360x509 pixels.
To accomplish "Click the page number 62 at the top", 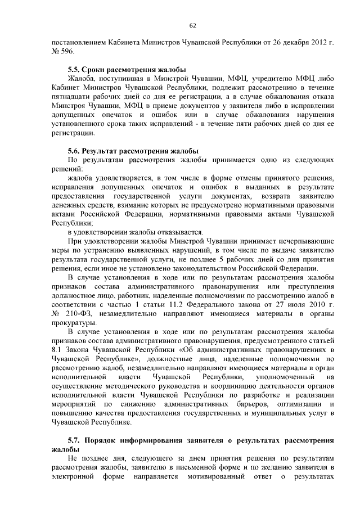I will click(x=192, y=25).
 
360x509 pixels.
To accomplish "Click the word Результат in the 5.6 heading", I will click(x=103, y=151).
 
